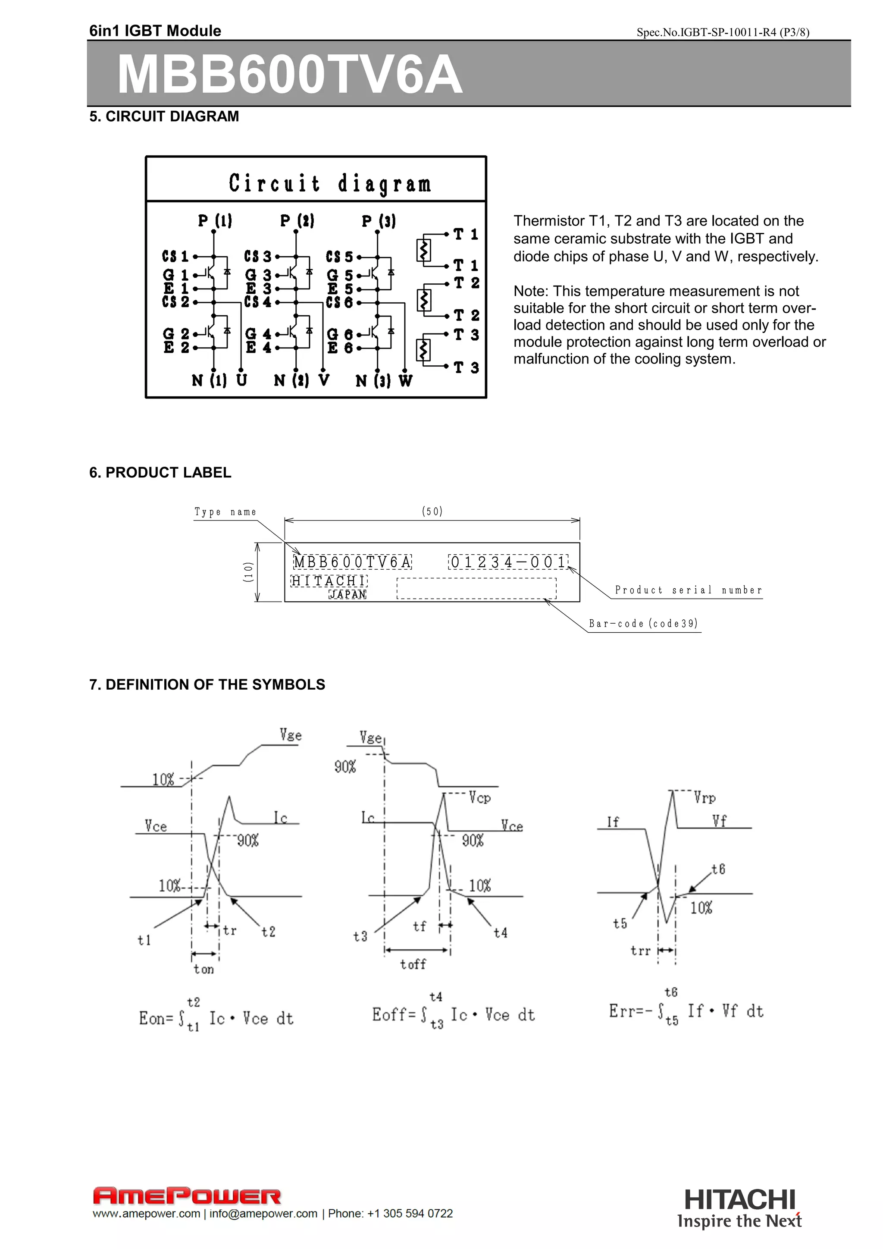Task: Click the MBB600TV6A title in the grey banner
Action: [x=290, y=75]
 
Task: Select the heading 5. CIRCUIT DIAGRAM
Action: [x=164, y=116]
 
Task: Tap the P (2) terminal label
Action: [x=297, y=220]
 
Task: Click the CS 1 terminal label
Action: [x=175, y=256]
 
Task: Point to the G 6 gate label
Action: [x=340, y=334]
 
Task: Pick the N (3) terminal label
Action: [x=373, y=381]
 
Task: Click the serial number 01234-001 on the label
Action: [x=508, y=562]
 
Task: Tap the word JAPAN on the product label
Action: [x=348, y=595]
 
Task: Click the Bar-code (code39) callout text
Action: [x=643, y=623]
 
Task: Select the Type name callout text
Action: [x=225, y=512]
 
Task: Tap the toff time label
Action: [x=413, y=964]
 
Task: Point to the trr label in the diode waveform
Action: [x=641, y=951]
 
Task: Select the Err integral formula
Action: [x=686, y=1011]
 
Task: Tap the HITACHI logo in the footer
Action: [x=739, y=1199]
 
